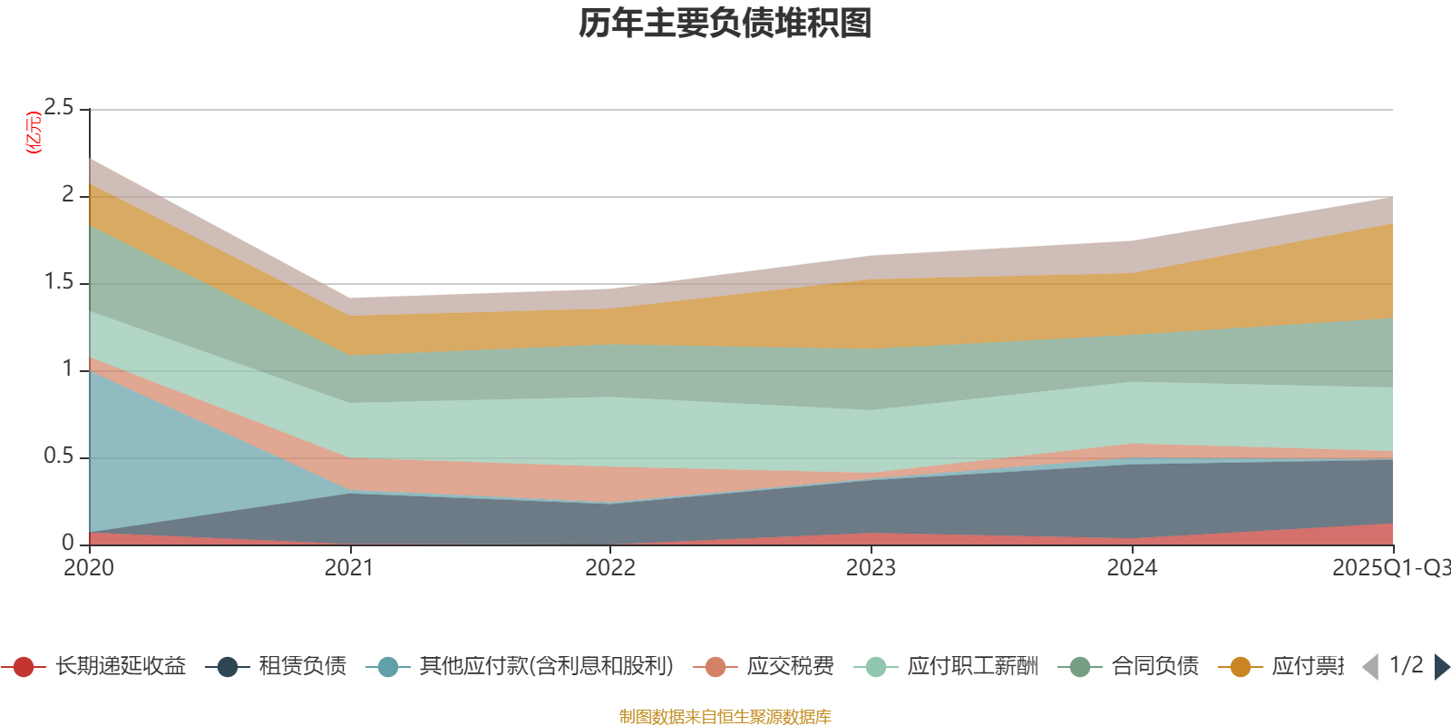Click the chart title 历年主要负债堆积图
(725, 25)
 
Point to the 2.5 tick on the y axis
(59, 108)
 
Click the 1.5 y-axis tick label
(59, 282)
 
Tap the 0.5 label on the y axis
(59, 456)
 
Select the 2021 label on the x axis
(349, 568)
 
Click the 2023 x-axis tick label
(871, 568)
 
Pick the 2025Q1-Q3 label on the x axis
(1389, 568)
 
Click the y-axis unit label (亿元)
(34, 132)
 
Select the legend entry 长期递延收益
(120, 667)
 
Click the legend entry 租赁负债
(302, 667)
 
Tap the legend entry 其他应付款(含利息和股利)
(546, 667)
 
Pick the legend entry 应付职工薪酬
(972, 667)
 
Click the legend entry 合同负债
(1154, 667)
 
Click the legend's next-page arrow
(1441, 667)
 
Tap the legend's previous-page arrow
(1370, 667)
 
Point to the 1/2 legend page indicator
(1406, 665)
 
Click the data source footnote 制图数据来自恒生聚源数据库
(725, 717)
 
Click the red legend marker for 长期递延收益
(24, 667)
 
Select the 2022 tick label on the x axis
(609, 568)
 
